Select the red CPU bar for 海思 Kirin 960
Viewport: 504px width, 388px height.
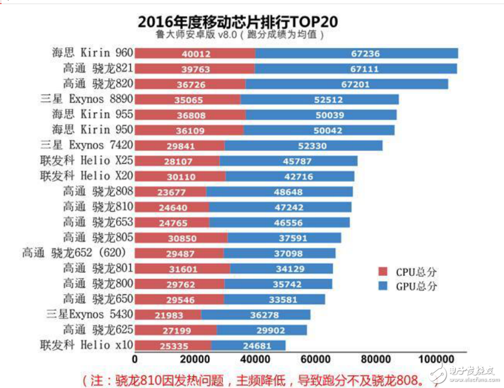point(195,53)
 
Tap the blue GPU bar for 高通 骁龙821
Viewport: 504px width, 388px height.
point(356,69)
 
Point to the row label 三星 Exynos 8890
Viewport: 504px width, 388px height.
point(86,99)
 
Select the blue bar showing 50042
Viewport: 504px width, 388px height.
point(319,131)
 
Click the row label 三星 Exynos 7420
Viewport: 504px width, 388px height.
point(86,145)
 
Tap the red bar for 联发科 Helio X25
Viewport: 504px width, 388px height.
point(177,161)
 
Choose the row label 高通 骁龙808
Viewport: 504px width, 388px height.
point(98,191)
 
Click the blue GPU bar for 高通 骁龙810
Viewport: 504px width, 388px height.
point(280,207)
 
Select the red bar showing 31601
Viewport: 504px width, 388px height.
point(183,268)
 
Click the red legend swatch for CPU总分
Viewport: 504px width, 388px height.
point(383,271)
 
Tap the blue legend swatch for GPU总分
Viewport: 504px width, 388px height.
point(383,286)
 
